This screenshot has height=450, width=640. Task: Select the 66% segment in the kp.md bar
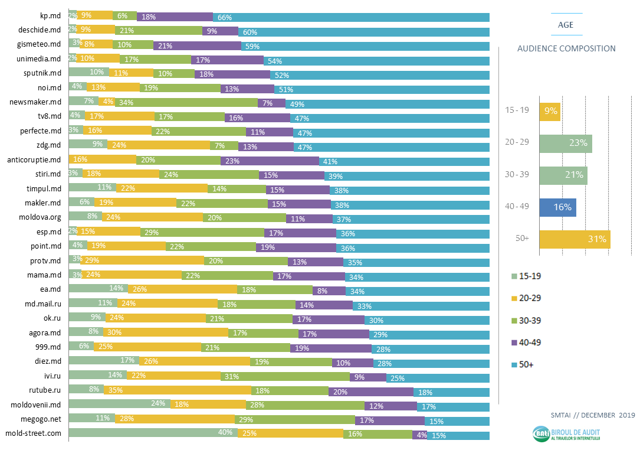(x=351, y=17)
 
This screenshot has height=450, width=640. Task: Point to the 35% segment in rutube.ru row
(x=177, y=390)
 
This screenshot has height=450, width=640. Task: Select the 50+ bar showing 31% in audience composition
(x=575, y=239)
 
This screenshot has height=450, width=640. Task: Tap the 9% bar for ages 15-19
(x=550, y=111)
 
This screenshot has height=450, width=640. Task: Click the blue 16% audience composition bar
(x=557, y=207)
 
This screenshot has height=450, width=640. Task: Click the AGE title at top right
(x=566, y=25)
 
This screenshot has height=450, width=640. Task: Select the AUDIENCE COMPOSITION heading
(x=566, y=49)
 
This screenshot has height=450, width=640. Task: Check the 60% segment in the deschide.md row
(x=364, y=31)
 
